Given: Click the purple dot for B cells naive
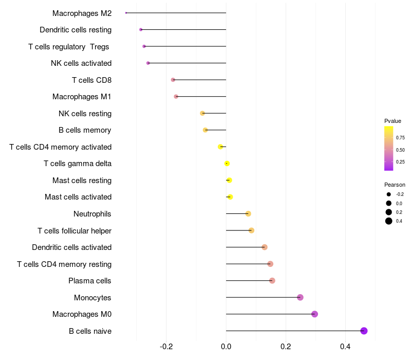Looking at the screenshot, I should click(364, 331).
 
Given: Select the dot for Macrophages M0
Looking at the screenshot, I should click(314, 314).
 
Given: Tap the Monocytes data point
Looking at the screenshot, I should click(300, 297).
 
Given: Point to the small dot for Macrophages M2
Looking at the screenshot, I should click(126, 13).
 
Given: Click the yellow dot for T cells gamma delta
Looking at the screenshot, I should click(227, 164).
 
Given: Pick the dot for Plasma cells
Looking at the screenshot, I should click(272, 281).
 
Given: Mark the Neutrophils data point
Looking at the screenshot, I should click(248, 213).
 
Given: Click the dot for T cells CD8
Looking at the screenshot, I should click(173, 80).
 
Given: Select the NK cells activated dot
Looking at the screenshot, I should click(148, 63).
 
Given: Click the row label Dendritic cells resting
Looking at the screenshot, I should click(76, 30).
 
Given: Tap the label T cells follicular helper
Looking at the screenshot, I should click(74, 230).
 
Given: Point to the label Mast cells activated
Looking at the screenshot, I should click(78, 197).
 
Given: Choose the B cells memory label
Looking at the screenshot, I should click(85, 130).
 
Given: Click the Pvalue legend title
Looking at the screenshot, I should click(393, 121).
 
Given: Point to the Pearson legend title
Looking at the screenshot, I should click(395, 185).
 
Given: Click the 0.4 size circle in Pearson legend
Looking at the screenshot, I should click(389, 221).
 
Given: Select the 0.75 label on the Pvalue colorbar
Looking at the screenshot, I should click(400, 138).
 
